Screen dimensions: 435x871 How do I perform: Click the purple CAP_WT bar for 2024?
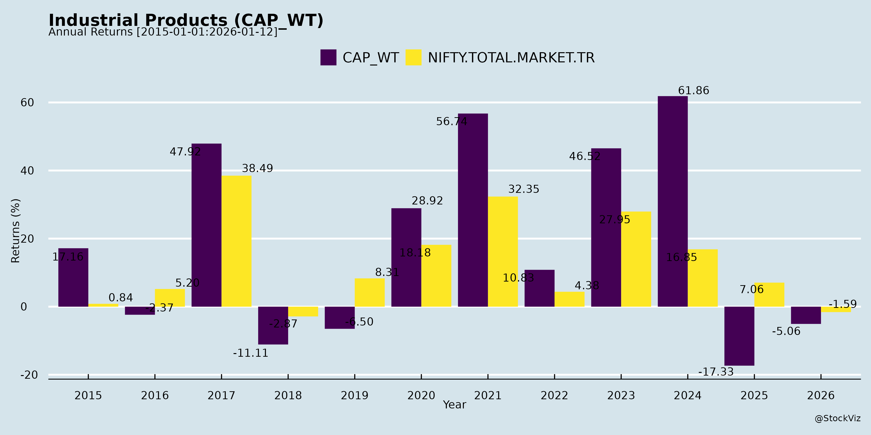[673, 201]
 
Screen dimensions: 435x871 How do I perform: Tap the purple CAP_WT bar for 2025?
[739, 336]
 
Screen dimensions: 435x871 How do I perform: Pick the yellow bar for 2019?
[369, 292]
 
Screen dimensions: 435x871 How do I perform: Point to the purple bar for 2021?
[473, 210]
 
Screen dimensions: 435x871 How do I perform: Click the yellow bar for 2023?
[636, 259]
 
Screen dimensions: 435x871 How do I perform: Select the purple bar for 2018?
[273, 325]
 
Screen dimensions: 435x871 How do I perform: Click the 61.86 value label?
[693, 91]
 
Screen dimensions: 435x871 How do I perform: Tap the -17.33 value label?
[716, 372]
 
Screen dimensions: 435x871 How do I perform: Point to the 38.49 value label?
[257, 168]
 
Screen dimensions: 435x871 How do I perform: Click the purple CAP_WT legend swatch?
[328, 58]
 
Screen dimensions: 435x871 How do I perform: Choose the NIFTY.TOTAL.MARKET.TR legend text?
[511, 58]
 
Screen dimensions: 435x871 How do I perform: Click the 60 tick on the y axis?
[27, 103]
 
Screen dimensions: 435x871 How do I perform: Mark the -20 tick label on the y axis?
[29, 375]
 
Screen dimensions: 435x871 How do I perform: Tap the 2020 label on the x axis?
[421, 395]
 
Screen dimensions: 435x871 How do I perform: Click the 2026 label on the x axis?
[821, 395]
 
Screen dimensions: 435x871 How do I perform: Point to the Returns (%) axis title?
[15, 231]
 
